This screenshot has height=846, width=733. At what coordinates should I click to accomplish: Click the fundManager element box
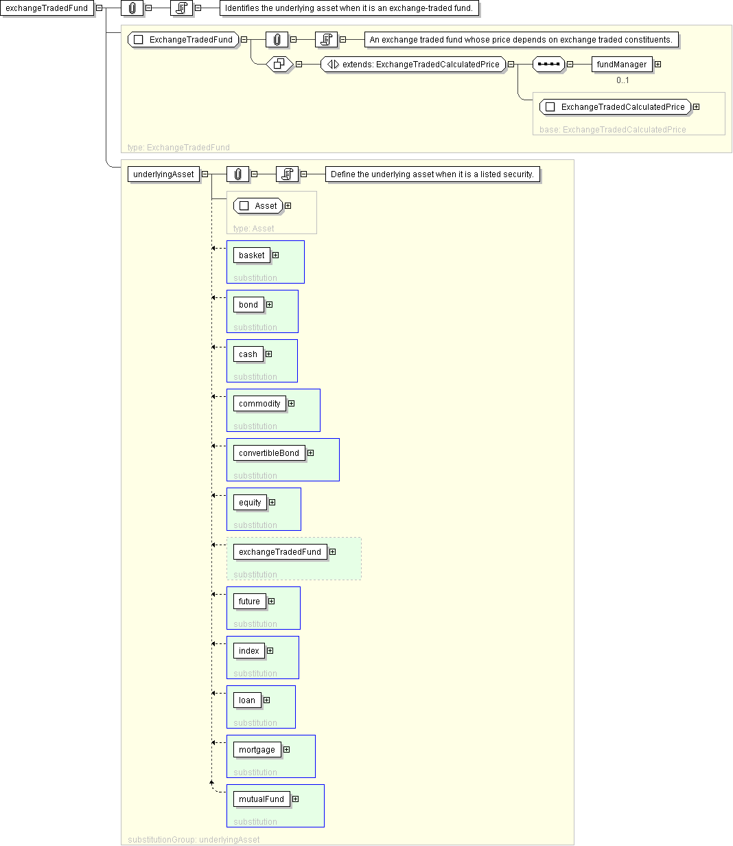pos(622,65)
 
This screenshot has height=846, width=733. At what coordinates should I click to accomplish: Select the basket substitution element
pos(252,255)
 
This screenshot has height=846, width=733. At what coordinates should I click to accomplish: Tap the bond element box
pos(248,304)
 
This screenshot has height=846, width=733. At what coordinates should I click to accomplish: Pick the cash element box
pos(248,354)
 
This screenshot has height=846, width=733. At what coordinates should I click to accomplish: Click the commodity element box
pos(259,404)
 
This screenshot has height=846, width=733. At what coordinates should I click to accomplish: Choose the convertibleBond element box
pos(269,453)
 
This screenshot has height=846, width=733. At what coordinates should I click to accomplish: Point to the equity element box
pos(250,503)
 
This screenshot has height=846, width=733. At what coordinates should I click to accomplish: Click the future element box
pos(250,602)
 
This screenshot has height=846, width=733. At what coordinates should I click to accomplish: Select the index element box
pos(248,651)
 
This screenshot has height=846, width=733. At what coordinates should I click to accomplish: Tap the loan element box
pos(247,700)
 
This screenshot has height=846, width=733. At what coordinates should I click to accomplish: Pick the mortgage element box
pos(257,750)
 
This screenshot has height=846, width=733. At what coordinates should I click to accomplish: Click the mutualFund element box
pos(261,799)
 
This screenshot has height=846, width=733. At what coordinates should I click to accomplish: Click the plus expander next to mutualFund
pos(295,799)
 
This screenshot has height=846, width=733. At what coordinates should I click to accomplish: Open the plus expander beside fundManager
pos(658,65)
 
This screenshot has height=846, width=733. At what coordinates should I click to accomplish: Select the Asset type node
pos(258,206)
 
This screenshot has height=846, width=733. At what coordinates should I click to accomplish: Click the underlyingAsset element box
pos(163,174)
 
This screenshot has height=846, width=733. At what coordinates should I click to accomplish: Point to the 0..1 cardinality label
pos(623,80)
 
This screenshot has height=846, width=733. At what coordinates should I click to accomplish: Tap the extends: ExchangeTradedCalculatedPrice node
pos(414,65)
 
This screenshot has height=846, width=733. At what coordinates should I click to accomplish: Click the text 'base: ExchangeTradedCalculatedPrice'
pos(612,130)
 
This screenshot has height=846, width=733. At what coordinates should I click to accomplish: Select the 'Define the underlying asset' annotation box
pos(432,174)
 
